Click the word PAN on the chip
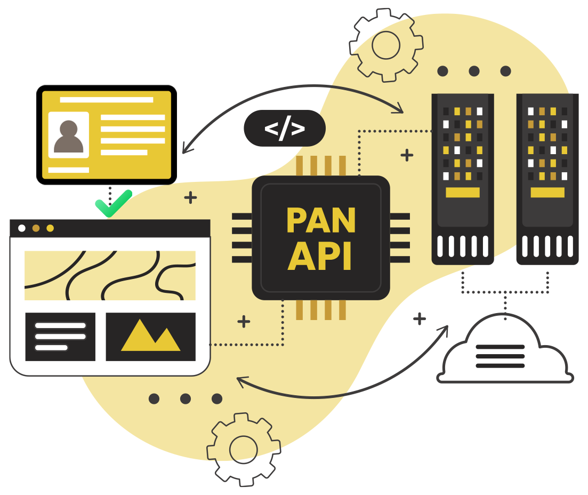pos(320,220)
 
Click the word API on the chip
pos(320,257)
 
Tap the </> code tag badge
pos(284,129)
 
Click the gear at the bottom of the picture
pos(244,447)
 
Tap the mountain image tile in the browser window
pos(150,337)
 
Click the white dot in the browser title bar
pos(22,228)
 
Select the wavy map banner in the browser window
pos(110,275)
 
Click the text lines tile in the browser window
pos(60,337)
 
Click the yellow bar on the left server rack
pos(462,193)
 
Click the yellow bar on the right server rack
pos(547,193)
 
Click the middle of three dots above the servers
pos(474,71)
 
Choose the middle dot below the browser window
pos(186,398)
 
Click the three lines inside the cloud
pos(500,356)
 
